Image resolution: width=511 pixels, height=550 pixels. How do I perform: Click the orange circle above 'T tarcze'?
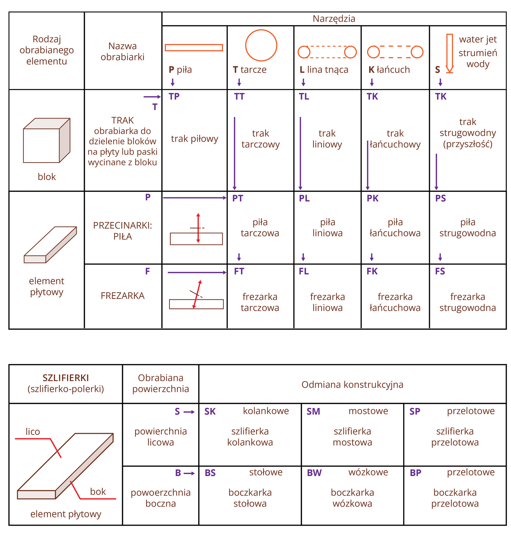pos(261,45)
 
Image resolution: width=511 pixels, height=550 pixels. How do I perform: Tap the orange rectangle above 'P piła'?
pos(194,47)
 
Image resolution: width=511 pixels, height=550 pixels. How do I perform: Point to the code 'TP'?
pos(174,96)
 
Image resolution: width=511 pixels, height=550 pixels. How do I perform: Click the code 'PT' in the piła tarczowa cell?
pos(237,198)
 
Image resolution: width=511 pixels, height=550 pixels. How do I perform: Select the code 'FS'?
pos(440,272)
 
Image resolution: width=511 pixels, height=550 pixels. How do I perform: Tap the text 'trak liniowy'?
pos(327,139)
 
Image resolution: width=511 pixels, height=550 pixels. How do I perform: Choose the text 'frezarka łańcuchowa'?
pos(395,302)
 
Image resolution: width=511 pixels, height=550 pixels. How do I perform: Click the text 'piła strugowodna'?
pos(467,228)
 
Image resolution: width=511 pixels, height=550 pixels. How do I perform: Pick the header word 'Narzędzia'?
pos(334,19)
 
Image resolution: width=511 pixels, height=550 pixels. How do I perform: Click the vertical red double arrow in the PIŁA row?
pos(198,228)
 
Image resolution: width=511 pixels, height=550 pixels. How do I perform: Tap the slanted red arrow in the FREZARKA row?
pos(197,294)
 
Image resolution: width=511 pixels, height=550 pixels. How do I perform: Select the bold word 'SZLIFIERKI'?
pos(66,378)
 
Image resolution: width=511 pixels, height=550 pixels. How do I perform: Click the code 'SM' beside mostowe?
pos(313,411)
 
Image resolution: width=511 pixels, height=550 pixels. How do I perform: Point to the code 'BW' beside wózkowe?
pos(314,473)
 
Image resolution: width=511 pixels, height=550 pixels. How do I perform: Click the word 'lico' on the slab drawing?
pos(33,432)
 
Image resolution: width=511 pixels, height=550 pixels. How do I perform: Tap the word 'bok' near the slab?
pos(98,492)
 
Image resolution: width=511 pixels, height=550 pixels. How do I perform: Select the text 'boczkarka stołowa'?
pos(250,498)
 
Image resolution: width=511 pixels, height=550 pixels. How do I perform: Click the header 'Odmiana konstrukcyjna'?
pos(352,384)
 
